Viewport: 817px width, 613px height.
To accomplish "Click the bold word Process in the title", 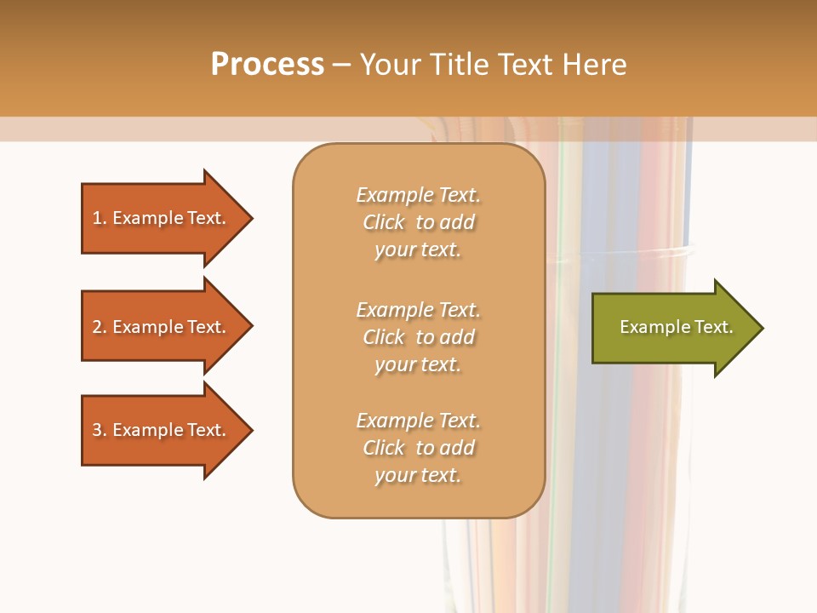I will click(x=267, y=65).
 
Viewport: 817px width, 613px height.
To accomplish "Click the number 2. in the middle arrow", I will click(x=100, y=327).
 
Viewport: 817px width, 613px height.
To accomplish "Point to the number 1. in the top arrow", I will click(x=100, y=218).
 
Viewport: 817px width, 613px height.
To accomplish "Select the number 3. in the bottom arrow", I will click(x=100, y=430).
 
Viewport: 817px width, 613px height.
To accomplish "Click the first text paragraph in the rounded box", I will click(x=418, y=222).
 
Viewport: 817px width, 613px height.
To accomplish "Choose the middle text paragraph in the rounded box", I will click(x=418, y=337).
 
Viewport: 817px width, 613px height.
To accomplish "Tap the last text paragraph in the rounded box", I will click(x=418, y=448).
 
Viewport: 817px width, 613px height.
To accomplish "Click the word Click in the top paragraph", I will click(x=384, y=222).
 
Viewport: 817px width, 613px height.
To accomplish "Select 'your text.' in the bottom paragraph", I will click(x=418, y=475).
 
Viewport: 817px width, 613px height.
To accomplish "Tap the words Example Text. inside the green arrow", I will click(x=676, y=327).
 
